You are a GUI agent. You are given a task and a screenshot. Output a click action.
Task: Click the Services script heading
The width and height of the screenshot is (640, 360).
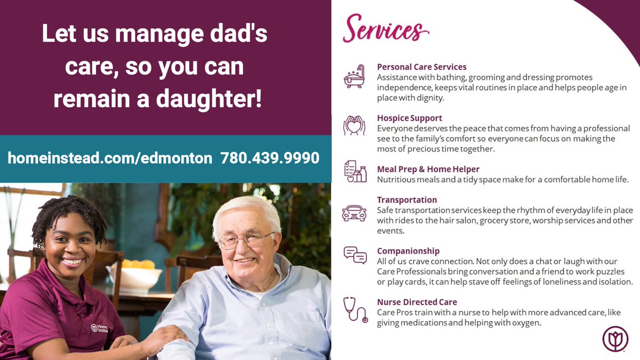386,28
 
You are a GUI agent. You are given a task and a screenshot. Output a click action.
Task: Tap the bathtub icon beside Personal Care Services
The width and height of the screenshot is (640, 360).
354,76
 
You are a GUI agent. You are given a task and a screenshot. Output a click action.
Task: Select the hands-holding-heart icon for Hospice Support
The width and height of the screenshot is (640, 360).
354,126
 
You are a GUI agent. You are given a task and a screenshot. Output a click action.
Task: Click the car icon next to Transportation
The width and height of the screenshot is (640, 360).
354,212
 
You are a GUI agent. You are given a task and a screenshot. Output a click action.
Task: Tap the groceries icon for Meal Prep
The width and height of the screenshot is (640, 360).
355,171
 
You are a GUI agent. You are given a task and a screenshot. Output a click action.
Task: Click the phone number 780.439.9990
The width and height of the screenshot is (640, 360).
269,158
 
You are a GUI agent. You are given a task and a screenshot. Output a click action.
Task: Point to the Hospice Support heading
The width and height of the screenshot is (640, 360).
410,118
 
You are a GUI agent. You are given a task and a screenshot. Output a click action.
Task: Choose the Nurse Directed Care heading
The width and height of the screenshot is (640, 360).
417,302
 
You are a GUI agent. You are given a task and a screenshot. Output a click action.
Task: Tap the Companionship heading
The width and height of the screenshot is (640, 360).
408,251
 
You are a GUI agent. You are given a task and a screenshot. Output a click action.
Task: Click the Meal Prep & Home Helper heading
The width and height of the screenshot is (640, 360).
428,170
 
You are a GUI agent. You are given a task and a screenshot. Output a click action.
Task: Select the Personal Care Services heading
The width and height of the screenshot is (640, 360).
421,67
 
